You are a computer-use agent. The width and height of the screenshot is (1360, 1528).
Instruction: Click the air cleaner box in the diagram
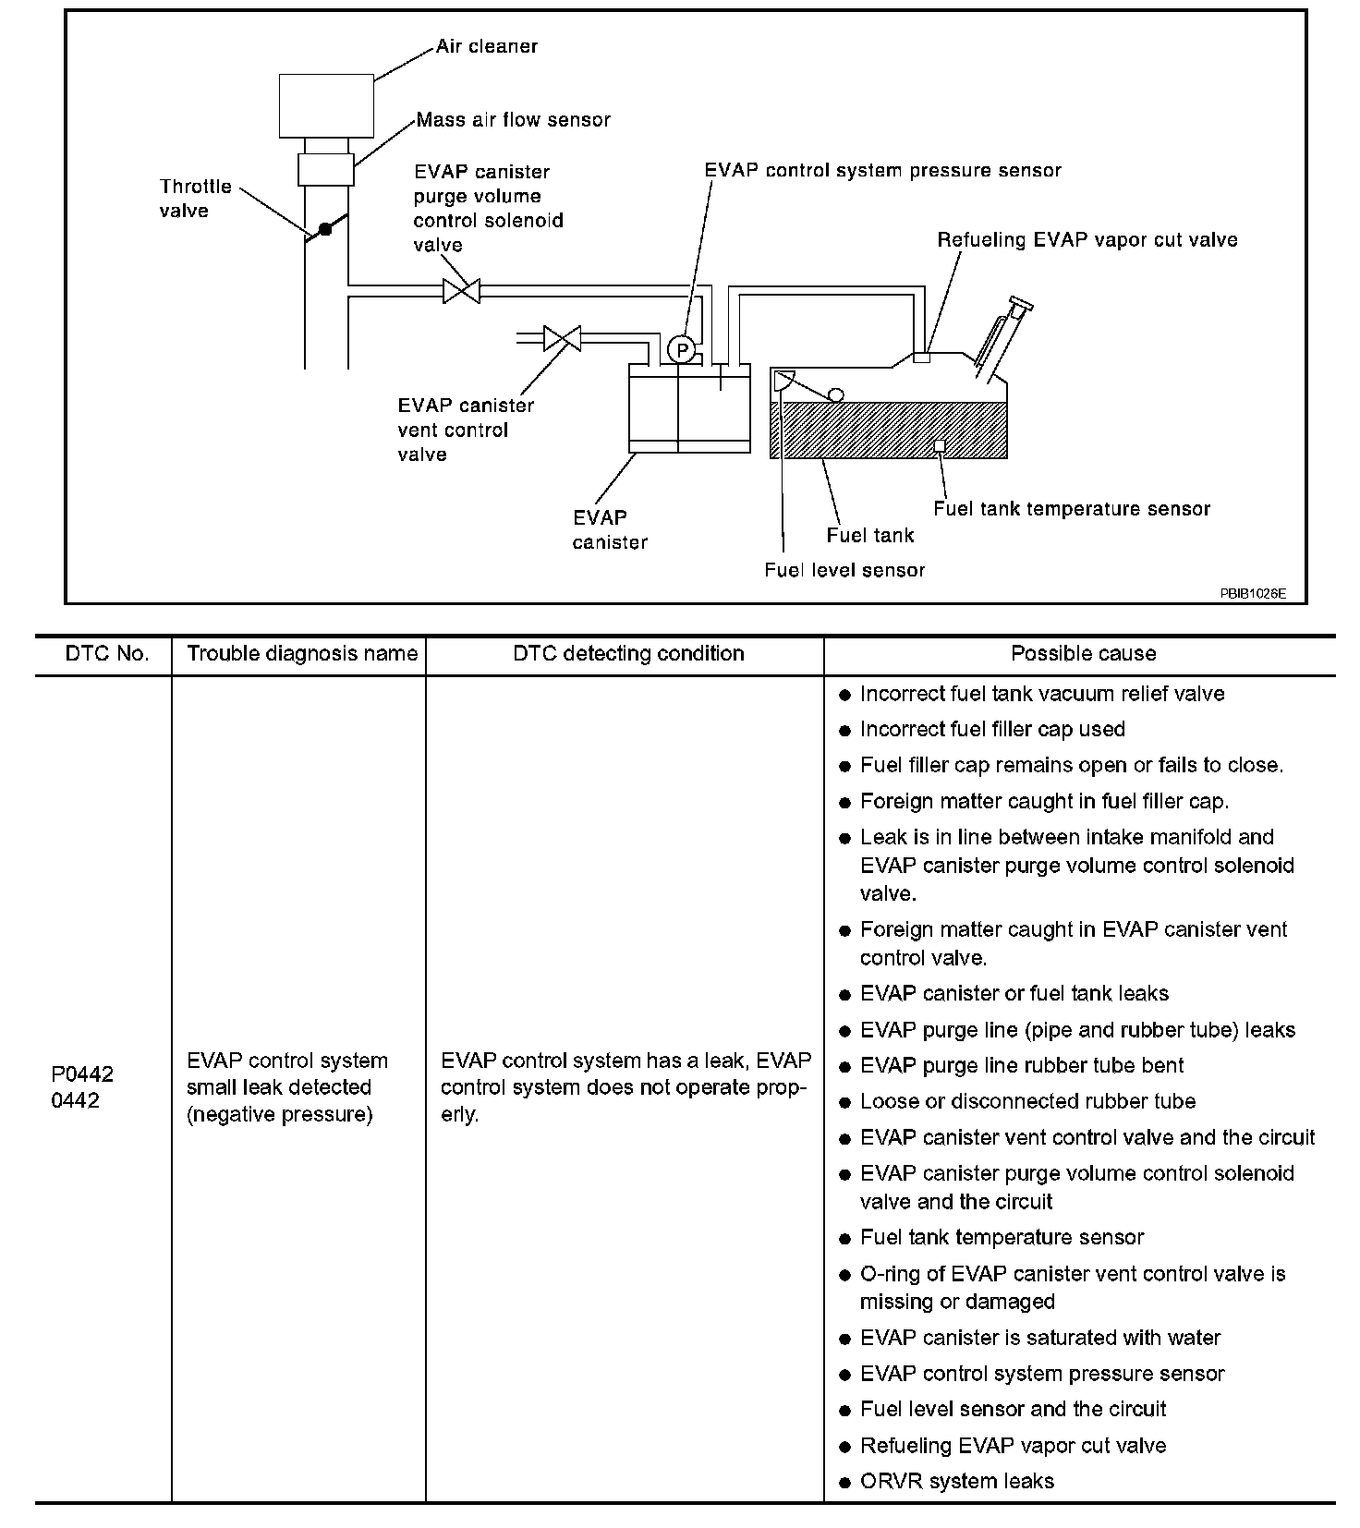coord(326,105)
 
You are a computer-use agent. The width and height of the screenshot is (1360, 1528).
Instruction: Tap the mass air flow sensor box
coord(325,169)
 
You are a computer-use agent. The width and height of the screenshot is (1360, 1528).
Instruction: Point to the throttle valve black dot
coord(324,228)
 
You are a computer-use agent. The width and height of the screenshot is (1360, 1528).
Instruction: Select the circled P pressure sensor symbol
coord(681,349)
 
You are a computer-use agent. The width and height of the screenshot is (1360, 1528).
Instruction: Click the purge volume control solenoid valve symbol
coord(461,291)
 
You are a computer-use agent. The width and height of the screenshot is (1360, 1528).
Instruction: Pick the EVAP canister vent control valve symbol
coord(562,338)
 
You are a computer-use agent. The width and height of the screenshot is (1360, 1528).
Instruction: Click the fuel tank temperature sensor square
coord(939,446)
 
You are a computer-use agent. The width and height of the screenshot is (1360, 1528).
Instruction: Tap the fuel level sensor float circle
coord(835,395)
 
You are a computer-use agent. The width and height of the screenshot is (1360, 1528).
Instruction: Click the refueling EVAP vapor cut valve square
coord(921,357)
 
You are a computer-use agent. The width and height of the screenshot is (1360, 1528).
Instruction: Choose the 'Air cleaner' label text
coord(487,46)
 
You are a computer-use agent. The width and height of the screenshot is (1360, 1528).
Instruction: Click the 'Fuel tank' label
coord(869,535)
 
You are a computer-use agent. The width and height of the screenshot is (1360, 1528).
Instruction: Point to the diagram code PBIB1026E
coord(1252,593)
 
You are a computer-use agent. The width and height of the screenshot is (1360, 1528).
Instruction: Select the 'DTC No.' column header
coord(106,654)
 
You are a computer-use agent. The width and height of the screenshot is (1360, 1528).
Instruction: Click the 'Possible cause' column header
coord(1083,654)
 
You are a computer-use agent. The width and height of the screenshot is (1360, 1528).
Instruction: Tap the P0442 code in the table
coord(82,1073)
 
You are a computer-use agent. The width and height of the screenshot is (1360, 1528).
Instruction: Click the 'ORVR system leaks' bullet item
coord(956,1481)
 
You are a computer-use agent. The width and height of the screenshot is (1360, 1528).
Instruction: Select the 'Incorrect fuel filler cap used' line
coord(992,729)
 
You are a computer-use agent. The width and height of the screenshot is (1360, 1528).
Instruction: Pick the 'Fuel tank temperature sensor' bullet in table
coord(1002,1237)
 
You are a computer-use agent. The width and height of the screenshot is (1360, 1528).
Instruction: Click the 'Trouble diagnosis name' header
coord(302,654)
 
